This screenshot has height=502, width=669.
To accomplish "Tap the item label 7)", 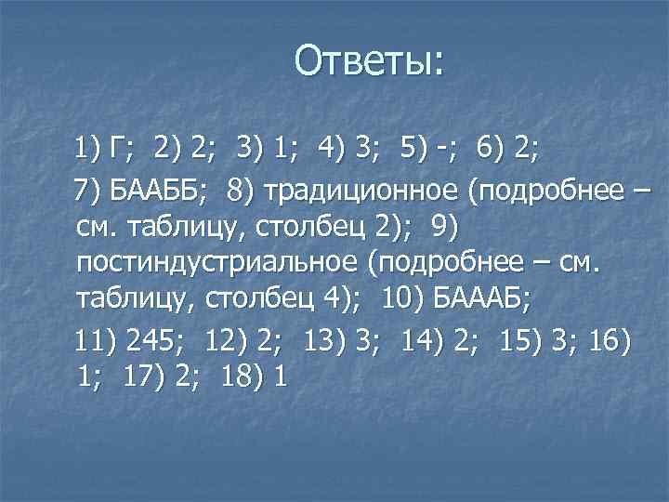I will click(x=91, y=190).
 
